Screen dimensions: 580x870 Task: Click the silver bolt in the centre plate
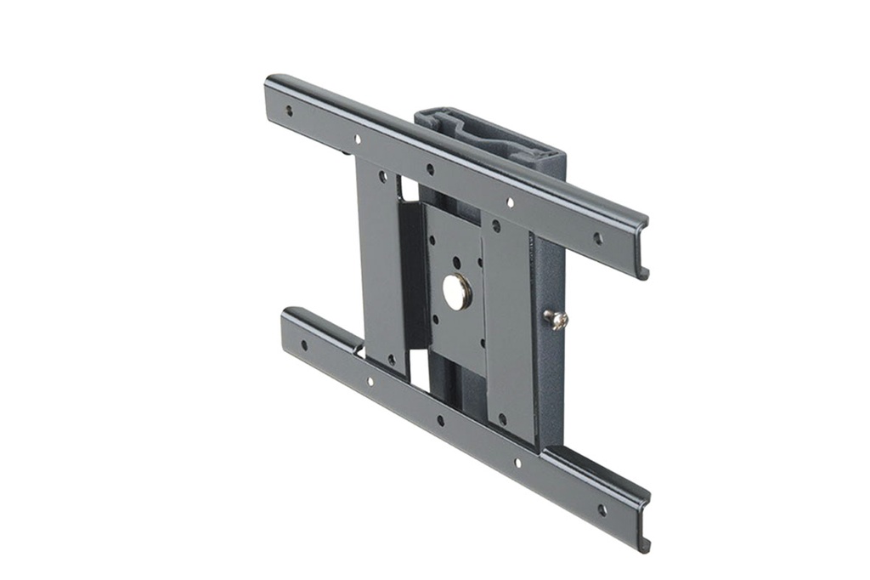[x=457, y=292]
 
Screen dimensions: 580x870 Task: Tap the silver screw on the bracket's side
[x=556, y=319]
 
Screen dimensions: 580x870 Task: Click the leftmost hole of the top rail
[x=289, y=111]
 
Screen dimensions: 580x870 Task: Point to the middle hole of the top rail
[x=430, y=169]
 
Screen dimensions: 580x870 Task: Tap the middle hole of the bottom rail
[x=439, y=420]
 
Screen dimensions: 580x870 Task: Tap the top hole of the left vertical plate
[x=382, y=178]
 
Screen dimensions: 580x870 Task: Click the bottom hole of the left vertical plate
[x=391, y=360]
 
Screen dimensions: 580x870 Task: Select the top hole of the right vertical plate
[x=496, y=226]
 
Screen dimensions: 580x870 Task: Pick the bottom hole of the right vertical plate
[x=502, y=418]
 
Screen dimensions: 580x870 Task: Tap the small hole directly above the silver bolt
[x=456, y=261]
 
